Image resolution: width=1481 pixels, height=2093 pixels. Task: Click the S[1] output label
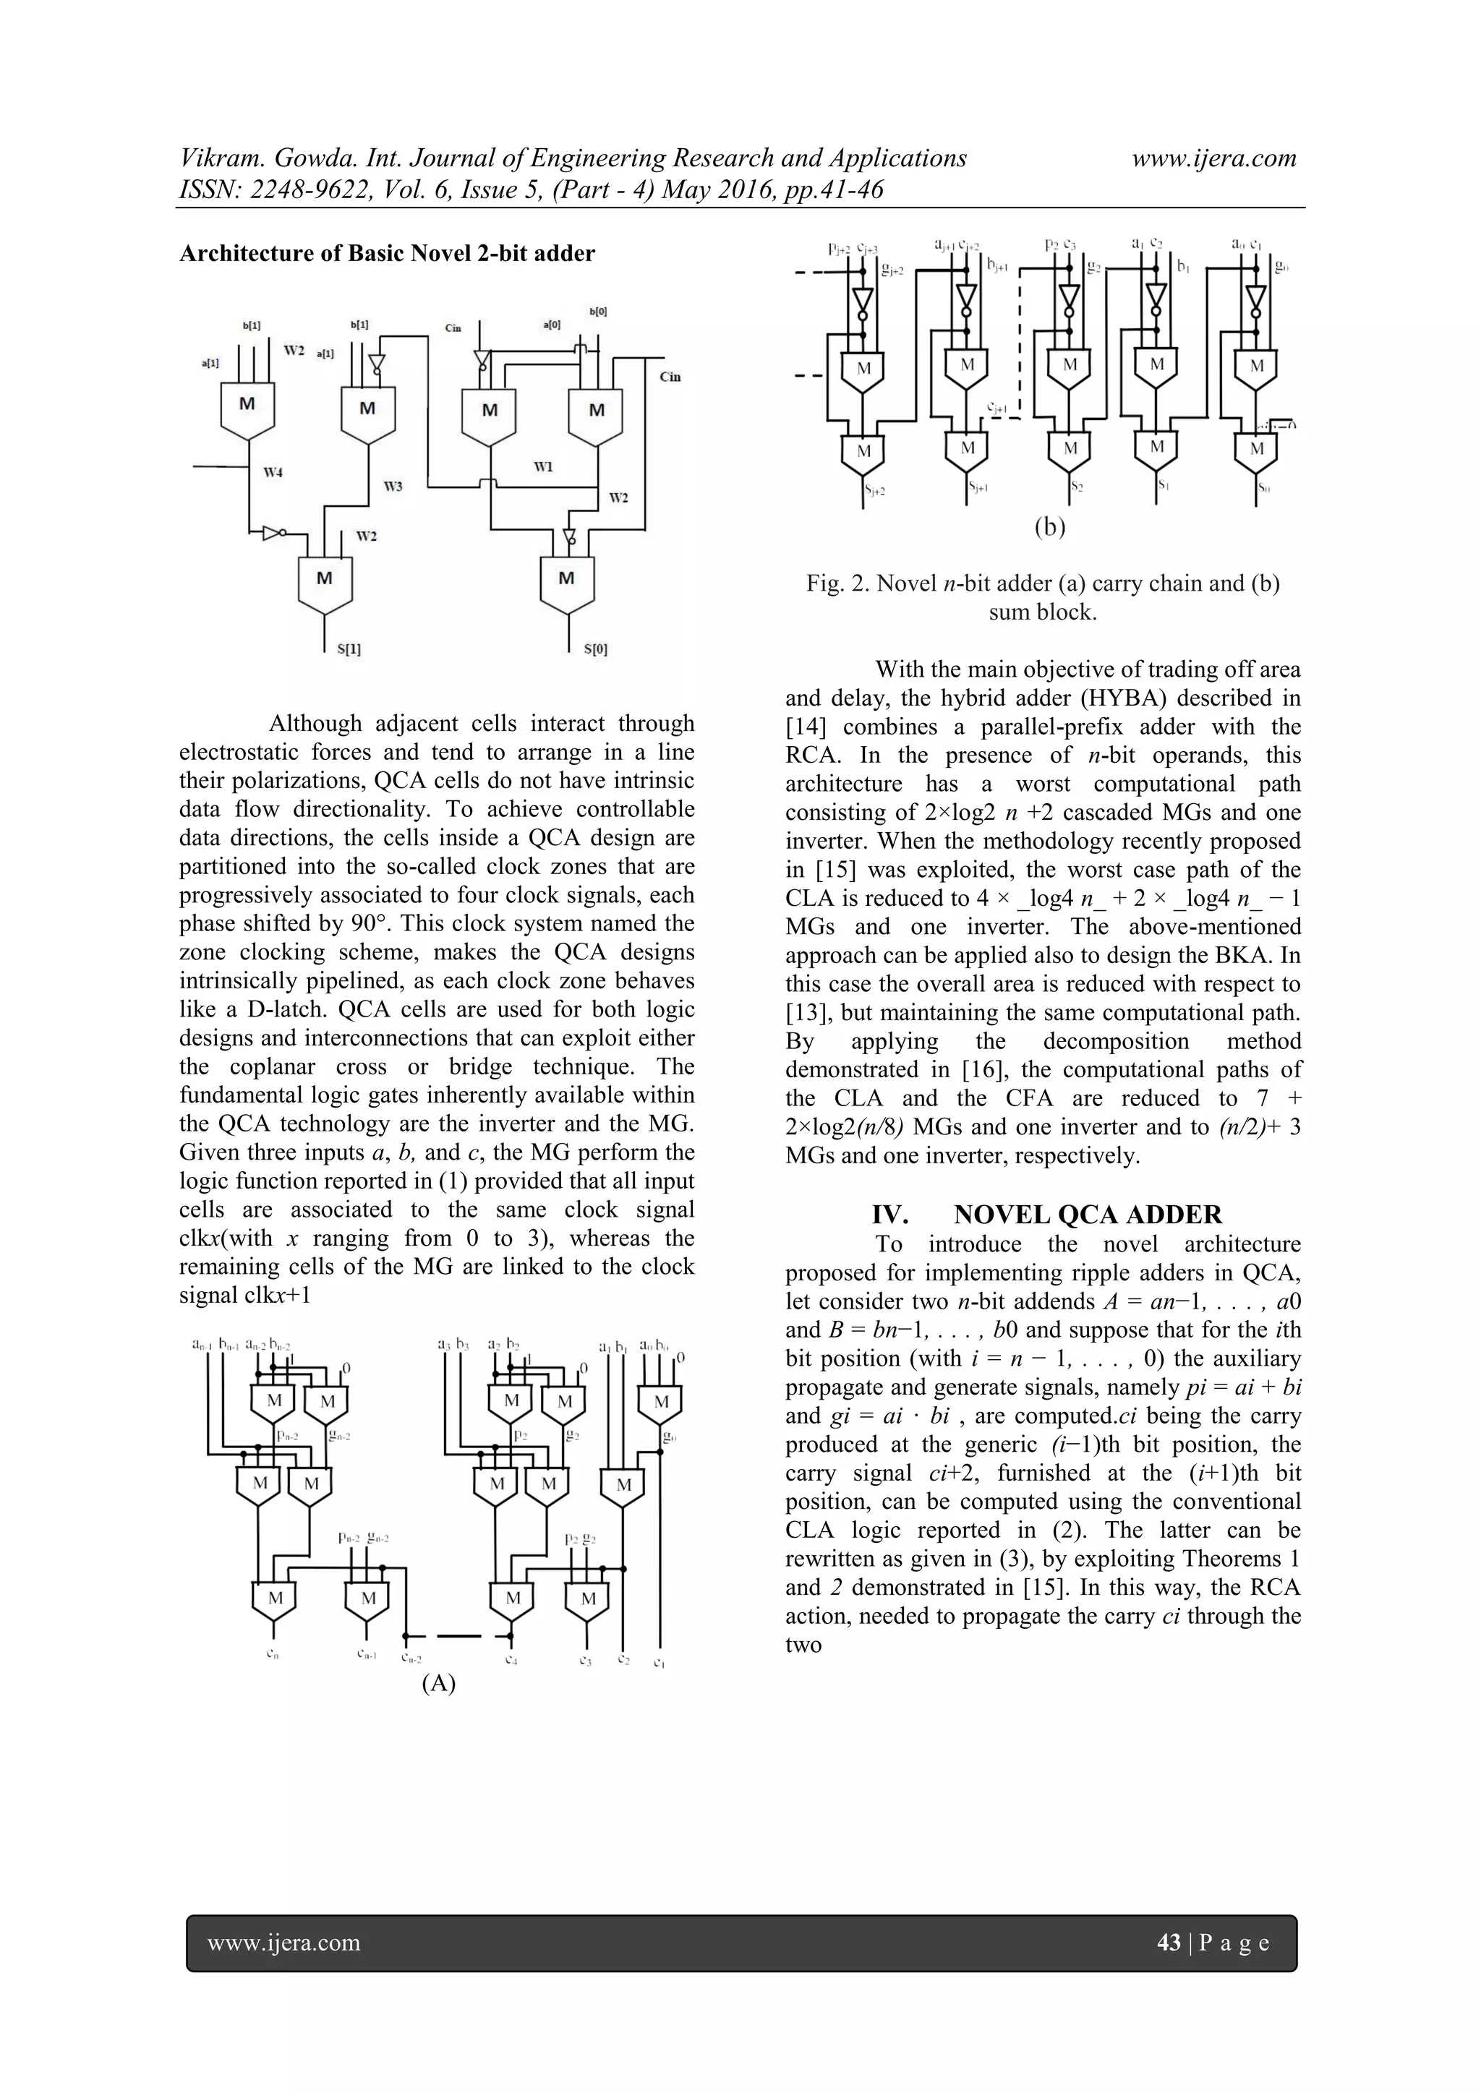tap(349, 649)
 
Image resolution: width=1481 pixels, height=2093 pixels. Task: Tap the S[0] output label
tap(594, 649)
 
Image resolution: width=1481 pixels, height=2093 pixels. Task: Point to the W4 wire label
tap(273, 472)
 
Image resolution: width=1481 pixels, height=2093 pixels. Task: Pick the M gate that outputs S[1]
tap(325, 581)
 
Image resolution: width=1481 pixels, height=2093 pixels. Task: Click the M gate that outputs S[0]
tap(566, 581)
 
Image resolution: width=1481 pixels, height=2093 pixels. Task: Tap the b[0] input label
tap(598, 312)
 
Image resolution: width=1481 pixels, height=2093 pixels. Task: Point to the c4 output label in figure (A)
tap(511, 1659)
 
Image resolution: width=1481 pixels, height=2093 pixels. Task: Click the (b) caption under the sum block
tap(1050, 527)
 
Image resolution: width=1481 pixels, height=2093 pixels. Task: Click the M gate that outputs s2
tap(1071, 450)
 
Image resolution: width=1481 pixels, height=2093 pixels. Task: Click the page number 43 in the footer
tap(1168, 1942)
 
